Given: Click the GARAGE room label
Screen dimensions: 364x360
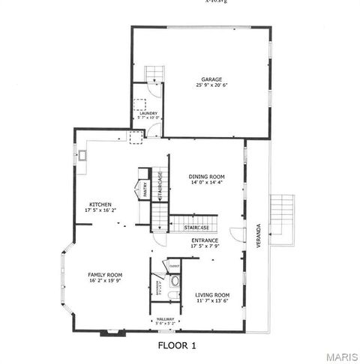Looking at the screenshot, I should pyautogui.click(x=211, y=79).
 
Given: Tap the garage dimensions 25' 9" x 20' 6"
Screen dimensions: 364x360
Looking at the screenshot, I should pyautogui.click(x=211, y=85).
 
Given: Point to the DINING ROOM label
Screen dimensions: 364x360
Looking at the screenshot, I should pyautogui.click(x=206, y=177).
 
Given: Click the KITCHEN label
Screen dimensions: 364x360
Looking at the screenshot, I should pyautogui.click(x=101, y=204).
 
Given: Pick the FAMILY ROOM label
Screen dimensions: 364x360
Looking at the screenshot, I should pyautogui.click(x=105, y=275).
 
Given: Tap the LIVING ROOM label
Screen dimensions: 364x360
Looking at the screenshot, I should pyautogui.click(x=212, y=295).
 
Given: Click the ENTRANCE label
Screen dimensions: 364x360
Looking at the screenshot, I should pyautogui.click(x=205, y=240).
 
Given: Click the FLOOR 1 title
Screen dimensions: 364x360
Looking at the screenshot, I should pyautogui.click(x=177, y=345).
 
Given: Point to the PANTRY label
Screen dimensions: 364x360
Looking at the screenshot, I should pyautogui.click(x=145, y=190).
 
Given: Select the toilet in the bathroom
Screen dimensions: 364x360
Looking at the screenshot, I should pyautogui.click(x=174, y=282).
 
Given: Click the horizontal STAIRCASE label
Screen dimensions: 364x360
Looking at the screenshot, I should pyautogui.click(x=185, y=228).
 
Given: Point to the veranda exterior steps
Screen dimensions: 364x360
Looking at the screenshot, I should pyautogui.click(x=283, y=218).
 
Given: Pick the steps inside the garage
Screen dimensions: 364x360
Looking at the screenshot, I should pyautogui.click(x=154, y=73).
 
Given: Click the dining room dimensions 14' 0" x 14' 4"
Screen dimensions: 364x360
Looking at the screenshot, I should pyautogui.click(x=206, y=183).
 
